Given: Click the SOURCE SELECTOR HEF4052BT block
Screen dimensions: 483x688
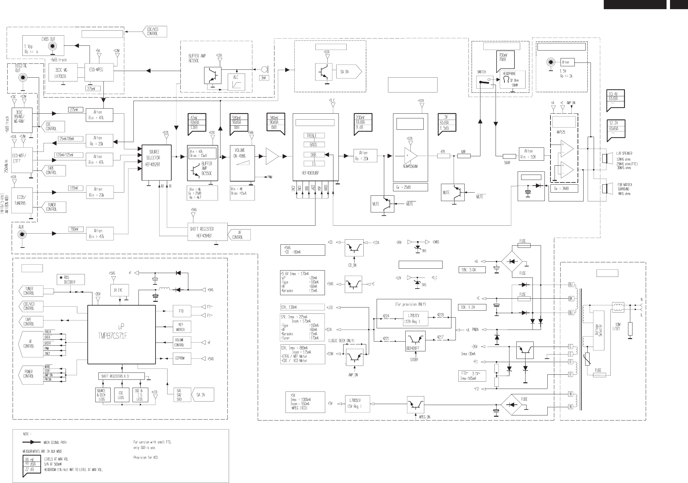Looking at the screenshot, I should pyautogui.click(x=156, y=163).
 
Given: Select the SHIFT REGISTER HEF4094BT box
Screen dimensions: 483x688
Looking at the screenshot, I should pyautogui.click(x=207, y=232).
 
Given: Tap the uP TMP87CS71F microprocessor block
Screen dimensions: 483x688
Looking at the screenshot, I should pyautogui.click(x=121, y=334).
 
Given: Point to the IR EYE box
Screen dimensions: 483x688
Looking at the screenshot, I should pyautogui.click(x=118, y=290).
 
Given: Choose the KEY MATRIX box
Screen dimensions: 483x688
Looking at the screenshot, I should pyautogui.click(x=180, y=327).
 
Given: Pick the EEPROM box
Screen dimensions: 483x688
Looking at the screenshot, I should pyautogui.click(x=180, y=358).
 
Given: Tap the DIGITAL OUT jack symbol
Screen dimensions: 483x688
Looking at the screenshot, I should pyautogui.click(x=22, y=78).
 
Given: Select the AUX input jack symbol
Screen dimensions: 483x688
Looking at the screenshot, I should pyautogui.click(x=22, y=234).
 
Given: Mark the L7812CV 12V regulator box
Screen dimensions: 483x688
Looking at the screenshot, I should pyautogui.click(x=416, y=319).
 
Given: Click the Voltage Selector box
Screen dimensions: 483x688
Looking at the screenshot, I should pyautogui.click(x=599, y=330).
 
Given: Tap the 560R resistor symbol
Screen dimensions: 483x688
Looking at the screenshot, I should pyautogui.click(x=509, y=156).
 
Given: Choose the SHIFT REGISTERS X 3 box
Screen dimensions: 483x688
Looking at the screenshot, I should pyautogui.click(x=121, y=376).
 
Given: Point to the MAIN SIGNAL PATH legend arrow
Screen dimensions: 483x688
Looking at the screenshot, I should pyautogui.click(x=31, y=442).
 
